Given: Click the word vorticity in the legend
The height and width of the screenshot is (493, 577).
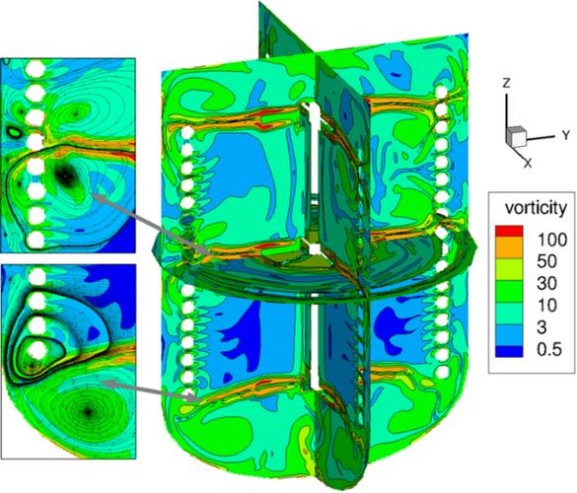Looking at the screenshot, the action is point(536,208).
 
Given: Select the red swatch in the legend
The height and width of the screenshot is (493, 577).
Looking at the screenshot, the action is point(509,231).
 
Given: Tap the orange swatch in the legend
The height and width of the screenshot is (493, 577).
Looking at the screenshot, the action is point(509,247).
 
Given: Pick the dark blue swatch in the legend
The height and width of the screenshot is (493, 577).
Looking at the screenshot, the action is point(509,351).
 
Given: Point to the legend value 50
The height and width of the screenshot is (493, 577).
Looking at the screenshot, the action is point(546,261).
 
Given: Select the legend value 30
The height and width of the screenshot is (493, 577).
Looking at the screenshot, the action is point(546,283).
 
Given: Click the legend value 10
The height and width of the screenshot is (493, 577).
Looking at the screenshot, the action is point(546,306).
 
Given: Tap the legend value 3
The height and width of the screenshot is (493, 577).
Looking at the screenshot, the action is point(541,327).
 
